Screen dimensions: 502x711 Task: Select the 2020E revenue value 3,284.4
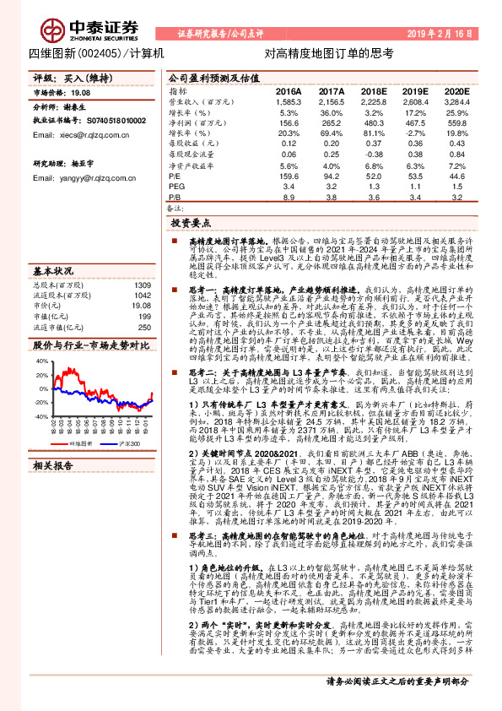[456, 100]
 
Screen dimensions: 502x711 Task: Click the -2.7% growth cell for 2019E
[414, 133]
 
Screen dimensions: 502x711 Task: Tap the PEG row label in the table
[176, 185]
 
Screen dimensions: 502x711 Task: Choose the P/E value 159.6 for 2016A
[288, 175]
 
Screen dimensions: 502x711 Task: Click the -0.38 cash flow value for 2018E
[374, 154]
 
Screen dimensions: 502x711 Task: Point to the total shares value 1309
[142, 261]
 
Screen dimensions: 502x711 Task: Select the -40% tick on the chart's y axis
[40, 416]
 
